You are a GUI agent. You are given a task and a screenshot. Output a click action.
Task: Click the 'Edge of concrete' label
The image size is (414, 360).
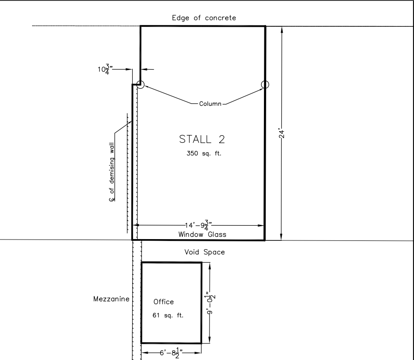click(204, 18)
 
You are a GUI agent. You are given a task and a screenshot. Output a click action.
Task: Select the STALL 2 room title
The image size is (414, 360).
click(202, 139)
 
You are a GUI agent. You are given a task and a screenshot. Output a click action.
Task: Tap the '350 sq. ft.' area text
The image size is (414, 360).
click(204, 153)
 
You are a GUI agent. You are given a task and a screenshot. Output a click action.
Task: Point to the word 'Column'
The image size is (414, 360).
click(210, 103)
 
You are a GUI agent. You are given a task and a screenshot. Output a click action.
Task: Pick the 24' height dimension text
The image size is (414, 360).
click(282, 134)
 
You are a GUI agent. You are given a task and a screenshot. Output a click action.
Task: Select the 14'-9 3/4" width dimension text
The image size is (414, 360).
click(198, 225)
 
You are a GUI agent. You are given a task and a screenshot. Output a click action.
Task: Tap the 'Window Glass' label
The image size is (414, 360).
click(202, 235)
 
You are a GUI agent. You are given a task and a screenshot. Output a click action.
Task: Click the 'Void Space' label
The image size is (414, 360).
click(205, 252)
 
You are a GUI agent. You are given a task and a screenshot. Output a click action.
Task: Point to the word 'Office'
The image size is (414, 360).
click(164, 302)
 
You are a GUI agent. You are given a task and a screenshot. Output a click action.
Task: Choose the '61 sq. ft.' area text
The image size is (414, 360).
click(168, 315)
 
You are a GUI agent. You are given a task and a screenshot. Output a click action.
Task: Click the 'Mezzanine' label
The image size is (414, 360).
click(111, 299)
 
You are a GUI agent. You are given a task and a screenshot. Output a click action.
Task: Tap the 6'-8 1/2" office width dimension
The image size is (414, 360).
click(171, 353)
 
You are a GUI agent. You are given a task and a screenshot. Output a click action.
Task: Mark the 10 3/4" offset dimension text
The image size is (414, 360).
click(105, 69)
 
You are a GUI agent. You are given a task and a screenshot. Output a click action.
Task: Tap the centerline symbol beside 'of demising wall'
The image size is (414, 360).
click(112, 199)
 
